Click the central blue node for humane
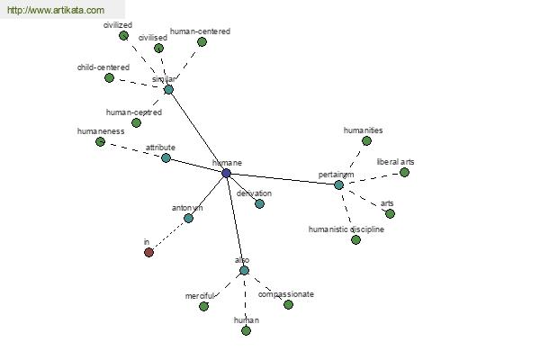(226, 173)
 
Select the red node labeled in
(148, 252)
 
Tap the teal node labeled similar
(168, 89)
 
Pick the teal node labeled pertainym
(338, 184)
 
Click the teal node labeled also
(244, 270)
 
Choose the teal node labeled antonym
(188, 218)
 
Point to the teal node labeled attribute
(166, 157)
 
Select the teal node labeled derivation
(259, 203)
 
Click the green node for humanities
(366, 140)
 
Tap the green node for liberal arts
(404, 172)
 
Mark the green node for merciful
(203, 306)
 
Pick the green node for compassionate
(288, 304)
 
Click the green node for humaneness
(100, 141)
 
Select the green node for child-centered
(109, 77)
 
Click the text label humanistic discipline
(346, 229)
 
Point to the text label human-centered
(200, 31)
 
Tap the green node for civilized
(124, 35)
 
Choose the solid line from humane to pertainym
(282, 178)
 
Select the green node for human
(246, 330)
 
